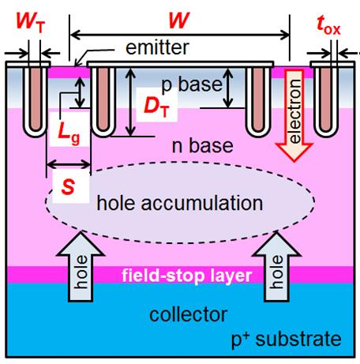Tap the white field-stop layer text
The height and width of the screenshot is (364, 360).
(186, 276)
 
